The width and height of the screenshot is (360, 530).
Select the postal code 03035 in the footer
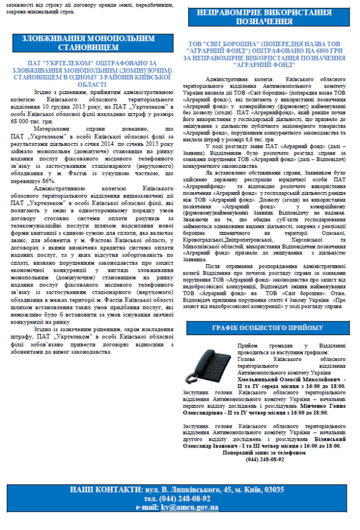point(270,490)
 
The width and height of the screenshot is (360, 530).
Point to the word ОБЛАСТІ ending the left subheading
point(88,84)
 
